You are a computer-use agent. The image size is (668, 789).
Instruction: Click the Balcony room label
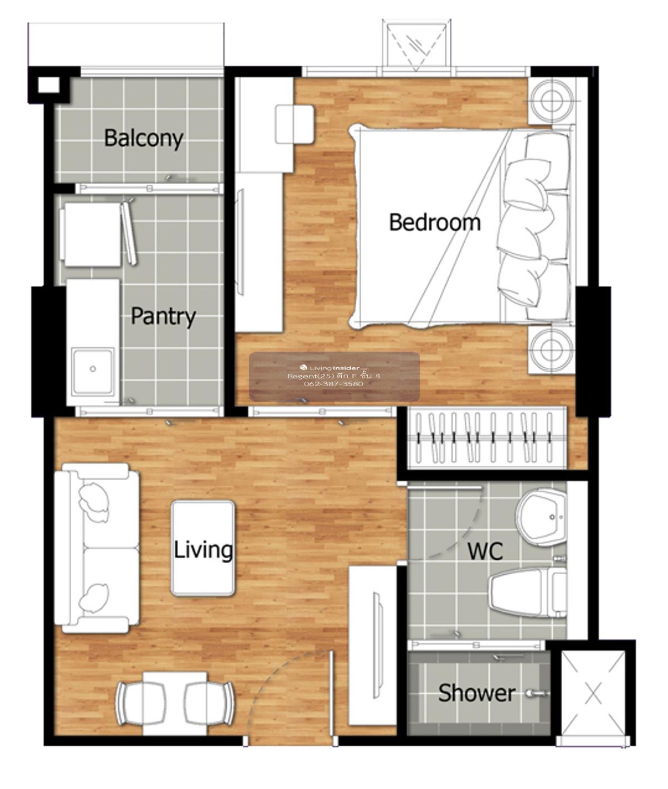[144, 139]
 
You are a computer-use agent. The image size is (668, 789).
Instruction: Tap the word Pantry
[163, 317]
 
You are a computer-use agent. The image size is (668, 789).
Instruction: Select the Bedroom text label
[435, 223]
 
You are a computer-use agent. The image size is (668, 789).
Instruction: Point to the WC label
[485, 551]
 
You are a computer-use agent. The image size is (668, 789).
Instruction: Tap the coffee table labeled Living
[203, 549]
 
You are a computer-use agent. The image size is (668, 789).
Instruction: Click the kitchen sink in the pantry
[93, 370]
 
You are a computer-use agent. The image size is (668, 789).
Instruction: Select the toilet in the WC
[528, 593]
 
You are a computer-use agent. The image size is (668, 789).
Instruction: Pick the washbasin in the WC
[541, 517]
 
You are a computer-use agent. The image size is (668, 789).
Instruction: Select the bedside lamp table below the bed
[552, 349]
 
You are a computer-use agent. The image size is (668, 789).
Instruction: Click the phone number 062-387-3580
[333, 383]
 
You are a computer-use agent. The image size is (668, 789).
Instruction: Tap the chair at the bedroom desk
[294, 125]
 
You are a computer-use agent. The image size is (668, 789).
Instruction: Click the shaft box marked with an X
[593, 692]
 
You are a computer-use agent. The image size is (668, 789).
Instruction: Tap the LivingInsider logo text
[330, 368]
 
